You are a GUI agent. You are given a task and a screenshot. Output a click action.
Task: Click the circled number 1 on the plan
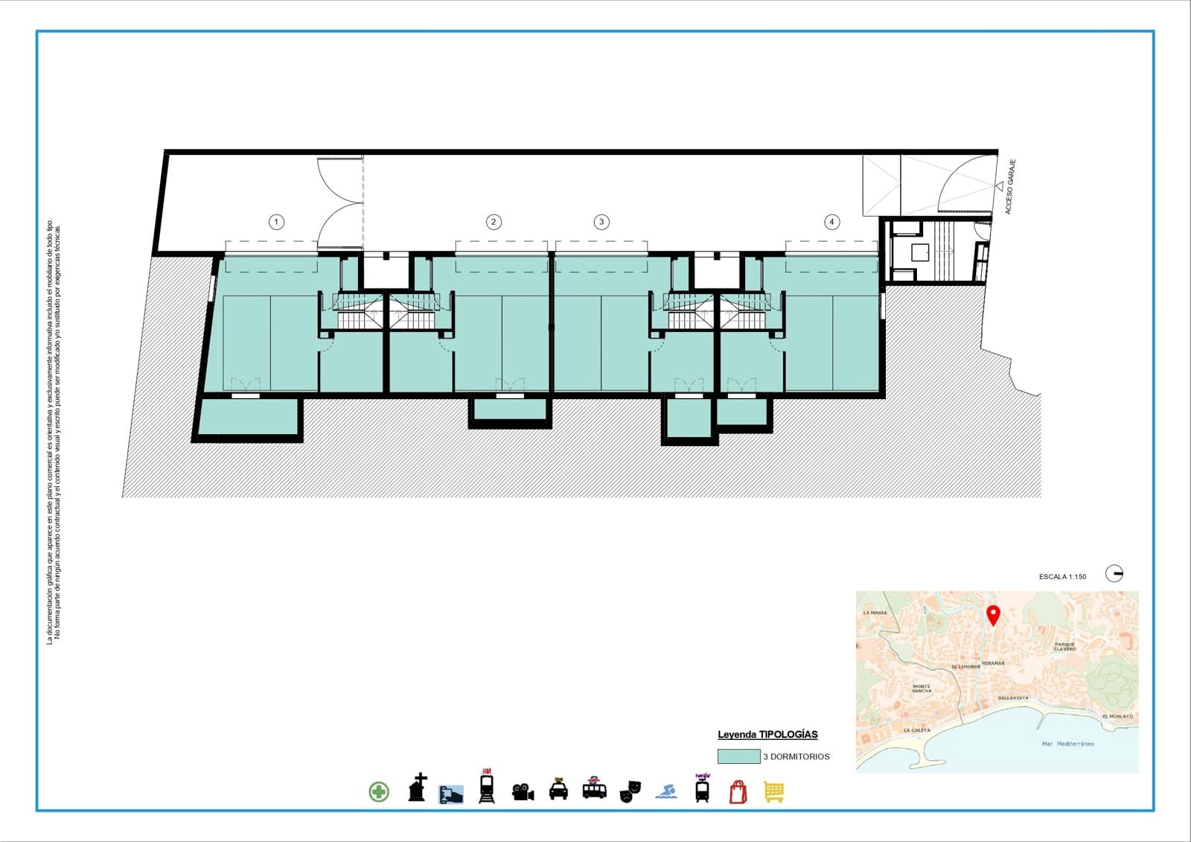pos(276,222)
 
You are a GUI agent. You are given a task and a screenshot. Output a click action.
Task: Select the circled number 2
pos(494,222)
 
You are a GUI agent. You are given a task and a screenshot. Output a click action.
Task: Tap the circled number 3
pos(601,222)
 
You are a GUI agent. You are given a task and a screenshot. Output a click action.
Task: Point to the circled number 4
pos(831,222)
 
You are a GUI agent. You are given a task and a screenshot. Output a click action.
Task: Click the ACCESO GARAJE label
pos(1009,187)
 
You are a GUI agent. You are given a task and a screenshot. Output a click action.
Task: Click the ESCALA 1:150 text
pos(1062,577)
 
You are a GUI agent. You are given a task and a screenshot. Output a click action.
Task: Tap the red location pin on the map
pos(993,615)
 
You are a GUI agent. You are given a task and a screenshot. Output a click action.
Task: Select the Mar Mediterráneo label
pos(1067,744)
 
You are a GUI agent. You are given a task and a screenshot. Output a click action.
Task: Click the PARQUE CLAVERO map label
pos(1064,647)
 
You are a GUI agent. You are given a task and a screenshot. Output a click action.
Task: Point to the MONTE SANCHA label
pos(922,689)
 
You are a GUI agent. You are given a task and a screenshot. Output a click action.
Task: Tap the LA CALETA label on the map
pos(917,730)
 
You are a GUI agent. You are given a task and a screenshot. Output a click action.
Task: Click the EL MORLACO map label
pos(1117,716)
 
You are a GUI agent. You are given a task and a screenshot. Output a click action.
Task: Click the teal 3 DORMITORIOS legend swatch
pos(738,756)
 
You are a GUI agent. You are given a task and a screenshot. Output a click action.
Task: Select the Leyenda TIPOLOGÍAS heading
pos(767,735)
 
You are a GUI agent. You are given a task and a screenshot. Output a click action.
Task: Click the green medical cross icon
pos(379,791)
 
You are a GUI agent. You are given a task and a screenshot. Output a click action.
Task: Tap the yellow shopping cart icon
pos(774,792)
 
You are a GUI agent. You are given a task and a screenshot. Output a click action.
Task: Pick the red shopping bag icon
pos(738,791)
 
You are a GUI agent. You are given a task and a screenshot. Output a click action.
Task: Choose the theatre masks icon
pos(630,791)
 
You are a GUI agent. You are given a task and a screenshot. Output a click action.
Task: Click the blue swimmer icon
pos(666,791)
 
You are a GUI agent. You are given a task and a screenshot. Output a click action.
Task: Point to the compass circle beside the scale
pos(1114,573)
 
